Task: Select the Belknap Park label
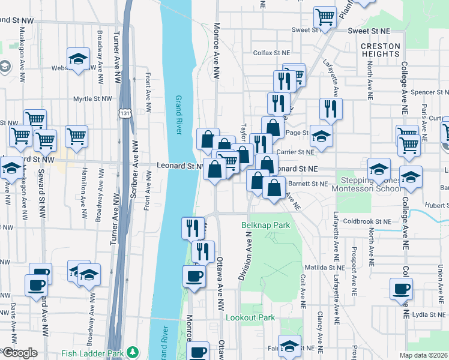pyautogui.click(x=265, y=226)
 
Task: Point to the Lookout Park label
pyautogui.click(x=250, y=317)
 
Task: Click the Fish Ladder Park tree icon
pyautogui.click(x=136, y=352)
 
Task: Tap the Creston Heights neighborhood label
pyautogui.click(x=381, y=50)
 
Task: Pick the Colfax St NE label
pyautogui.click(x=271, y=52)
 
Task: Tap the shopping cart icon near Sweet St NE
pyautogui.click(x=325, y=17)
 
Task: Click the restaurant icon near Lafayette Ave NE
pyautogui.click(x=330, y=108)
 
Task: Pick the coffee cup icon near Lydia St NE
pyautogui.click(x=401, y=289)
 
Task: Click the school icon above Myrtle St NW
pyautogui.click(x=78, y=58)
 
